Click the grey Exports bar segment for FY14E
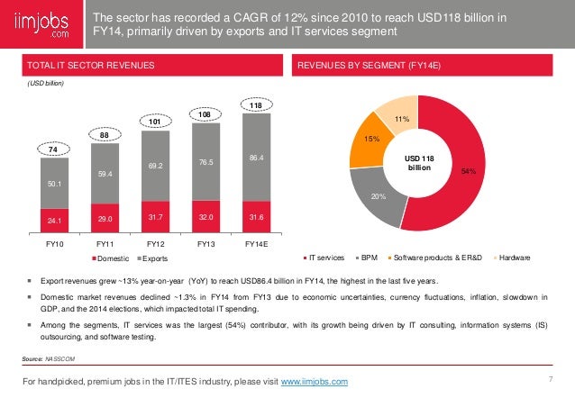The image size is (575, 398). tap(257, 157)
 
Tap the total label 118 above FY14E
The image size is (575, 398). tap(257, 105)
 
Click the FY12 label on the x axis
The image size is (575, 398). tap(157, 242)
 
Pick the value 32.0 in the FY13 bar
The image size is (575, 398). tap(206, 216)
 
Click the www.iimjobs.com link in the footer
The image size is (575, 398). tap(315, 383)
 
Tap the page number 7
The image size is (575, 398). tap(549, 378)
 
